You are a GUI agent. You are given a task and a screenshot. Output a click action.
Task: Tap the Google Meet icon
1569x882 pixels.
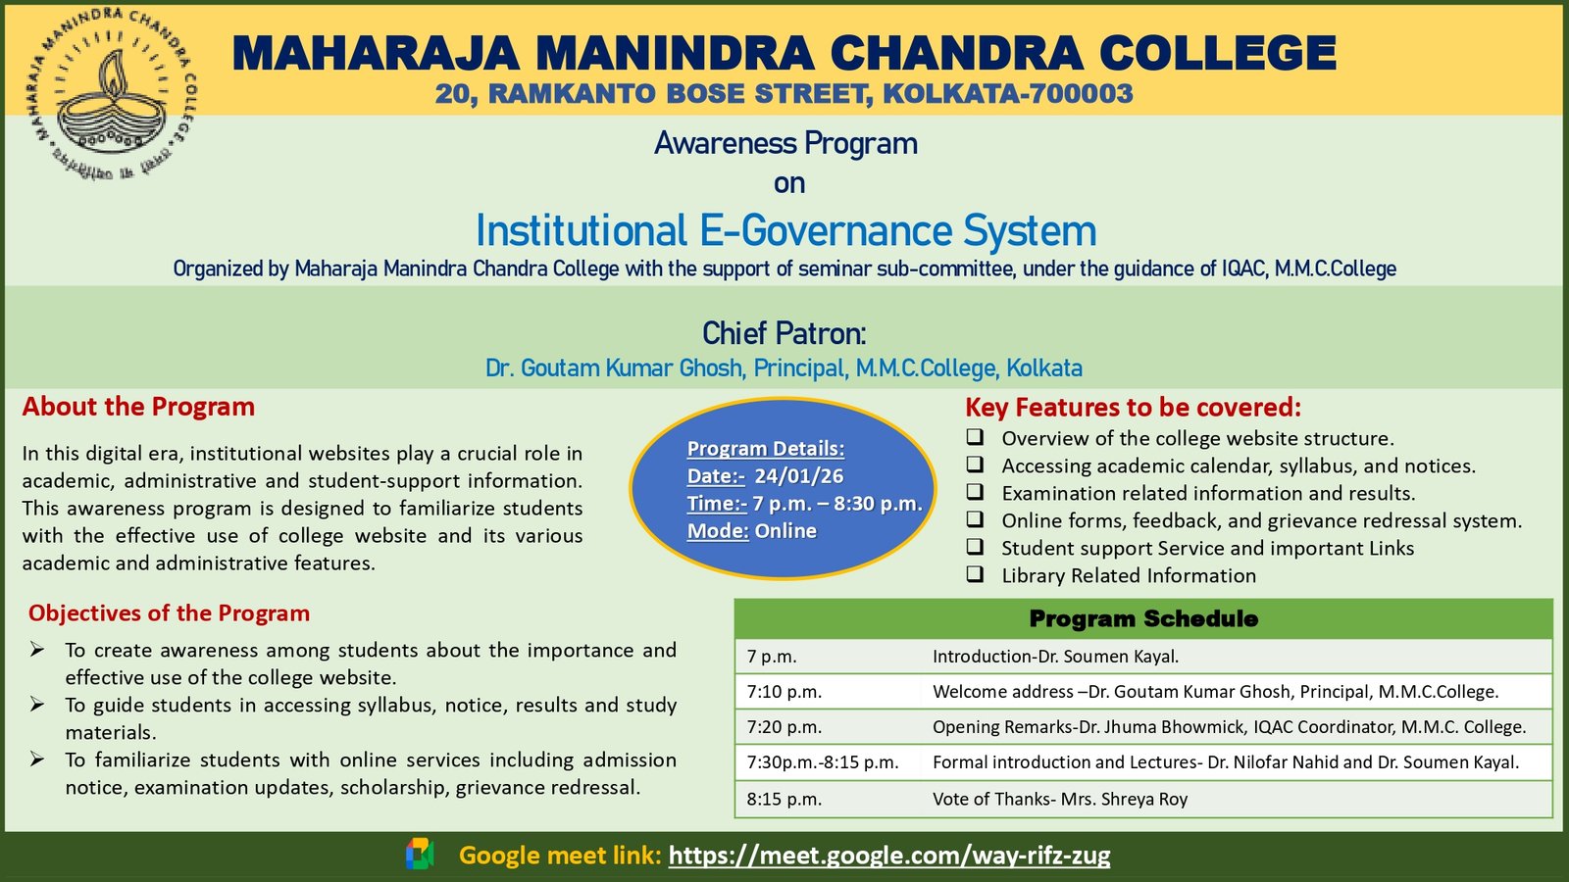[420, 855]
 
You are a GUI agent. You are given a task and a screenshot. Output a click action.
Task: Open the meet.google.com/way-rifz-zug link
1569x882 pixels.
[888, 855]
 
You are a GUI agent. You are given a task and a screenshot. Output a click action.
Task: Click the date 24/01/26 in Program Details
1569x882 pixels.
[798, 476]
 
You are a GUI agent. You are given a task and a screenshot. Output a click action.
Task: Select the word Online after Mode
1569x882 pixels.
[785, 530]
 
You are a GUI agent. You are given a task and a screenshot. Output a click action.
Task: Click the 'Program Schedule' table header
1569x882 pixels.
[1143, 618]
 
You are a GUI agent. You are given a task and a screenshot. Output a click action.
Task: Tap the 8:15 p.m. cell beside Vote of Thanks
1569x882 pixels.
[784, 799]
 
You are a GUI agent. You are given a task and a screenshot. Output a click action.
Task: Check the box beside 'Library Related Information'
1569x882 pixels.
[975, 574]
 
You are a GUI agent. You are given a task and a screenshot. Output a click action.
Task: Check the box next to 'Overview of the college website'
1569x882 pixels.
[975, 437]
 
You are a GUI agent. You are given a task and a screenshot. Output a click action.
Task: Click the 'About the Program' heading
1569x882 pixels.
[138, 407]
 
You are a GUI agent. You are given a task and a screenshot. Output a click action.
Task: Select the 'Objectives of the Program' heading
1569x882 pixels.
[169, 613]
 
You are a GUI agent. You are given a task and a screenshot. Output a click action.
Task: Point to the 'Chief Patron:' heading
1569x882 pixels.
[784, 333]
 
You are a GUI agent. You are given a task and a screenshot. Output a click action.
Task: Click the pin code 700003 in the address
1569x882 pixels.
[1079, 93]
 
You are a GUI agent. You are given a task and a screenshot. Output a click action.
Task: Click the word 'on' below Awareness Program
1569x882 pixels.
[789, 183]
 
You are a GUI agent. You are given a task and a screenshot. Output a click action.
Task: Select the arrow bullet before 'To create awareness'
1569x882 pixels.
[37, 650]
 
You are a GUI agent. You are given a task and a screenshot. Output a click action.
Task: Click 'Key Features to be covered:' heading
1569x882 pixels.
[1134, 408]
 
